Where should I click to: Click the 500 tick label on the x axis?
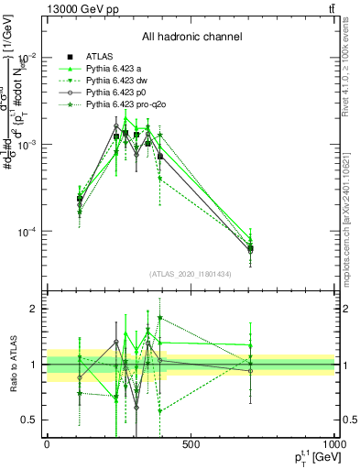tap(191, 444)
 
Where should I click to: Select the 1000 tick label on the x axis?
tap(333, 444)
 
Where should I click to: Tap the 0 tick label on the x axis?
tap(47, 444)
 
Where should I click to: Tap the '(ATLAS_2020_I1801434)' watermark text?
tap(191, 274)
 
